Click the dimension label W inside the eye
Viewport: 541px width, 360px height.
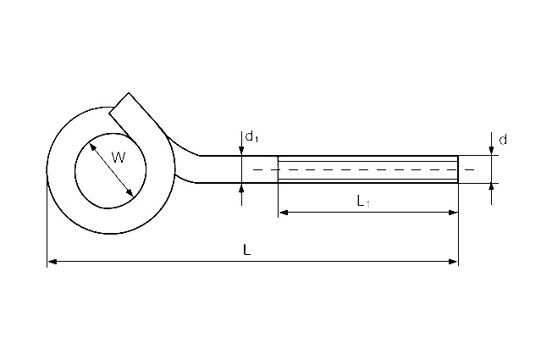pos(118,157)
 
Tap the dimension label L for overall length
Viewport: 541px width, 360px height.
pos(246,250)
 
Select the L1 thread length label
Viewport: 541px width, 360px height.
pos(362,201)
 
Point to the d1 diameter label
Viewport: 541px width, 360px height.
pos(251,136)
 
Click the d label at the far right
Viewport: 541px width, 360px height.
pos(503,138)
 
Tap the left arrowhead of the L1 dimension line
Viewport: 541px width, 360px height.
pos(283,212)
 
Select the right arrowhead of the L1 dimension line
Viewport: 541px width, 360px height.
pos(453,212)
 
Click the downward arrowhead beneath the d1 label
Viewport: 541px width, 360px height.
pos(242,151)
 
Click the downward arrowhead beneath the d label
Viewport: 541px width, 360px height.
pos(492,150)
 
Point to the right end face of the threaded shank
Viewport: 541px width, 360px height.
pos(458,169)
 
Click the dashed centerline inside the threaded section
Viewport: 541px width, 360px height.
pos(364,169)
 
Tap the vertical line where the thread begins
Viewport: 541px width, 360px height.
pos(278,169)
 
